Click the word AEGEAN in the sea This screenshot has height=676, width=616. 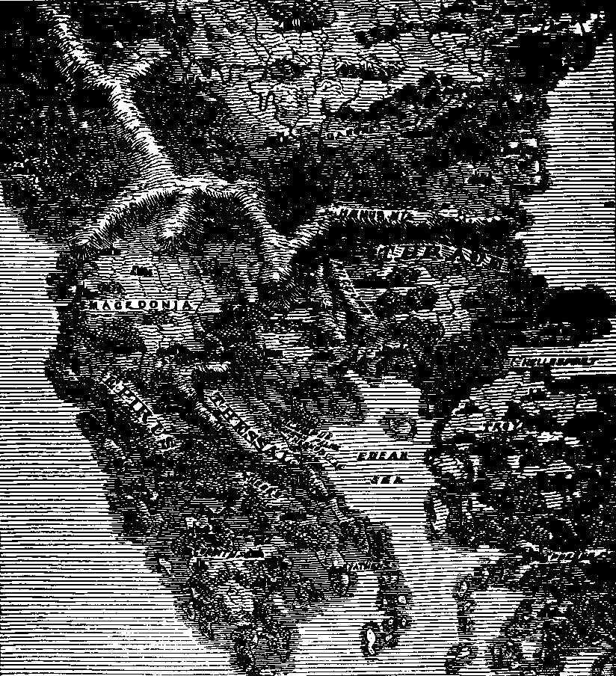pyautogui.click(x=381, y=457)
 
